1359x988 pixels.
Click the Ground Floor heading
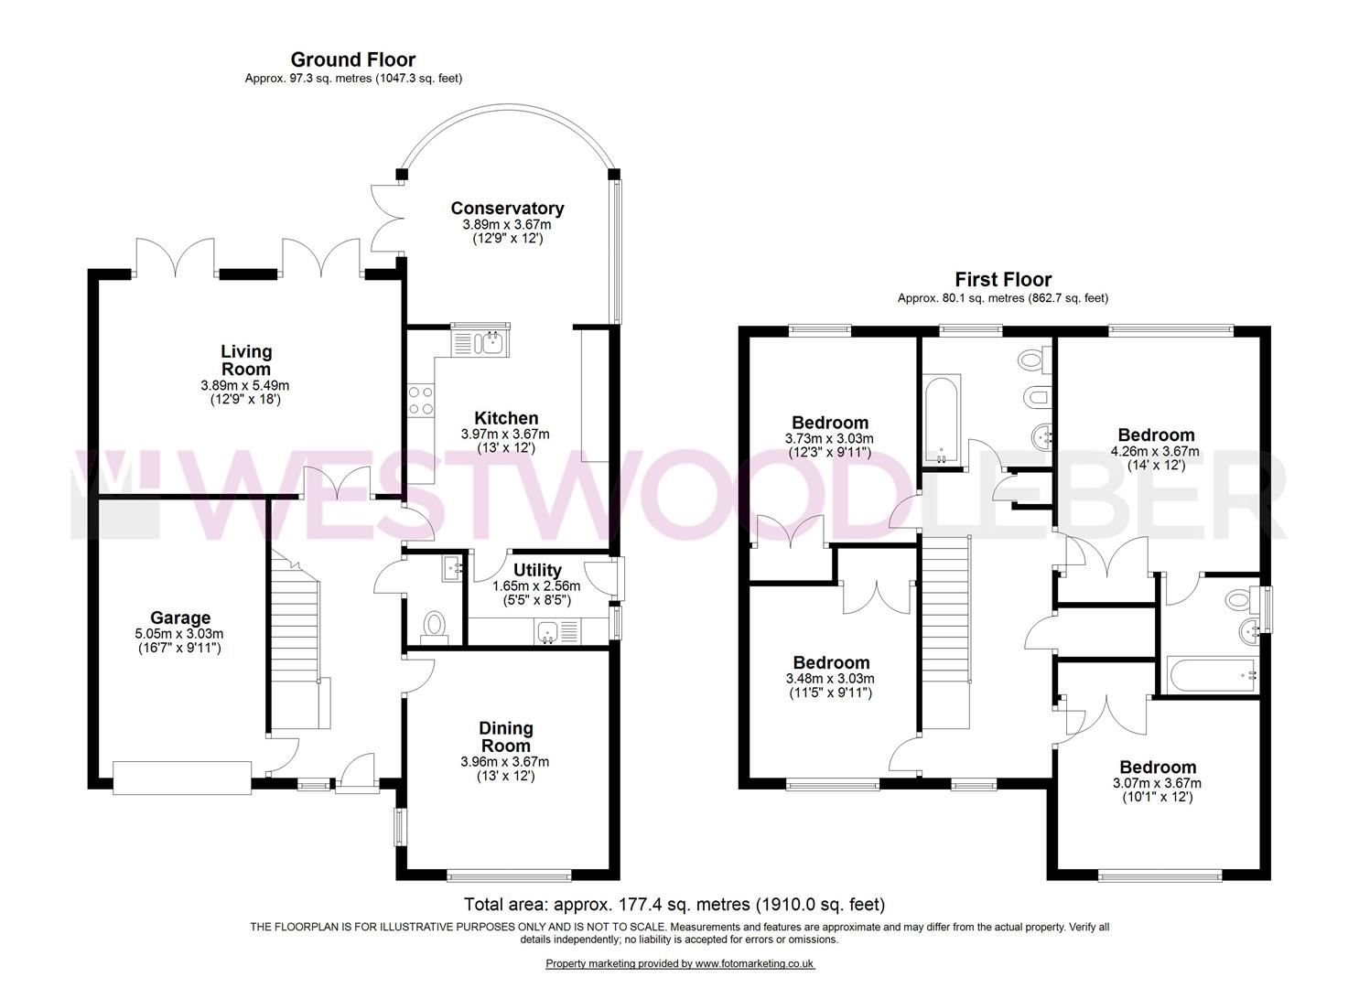click(x=352, y=60)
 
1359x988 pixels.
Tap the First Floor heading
click(x=1003, y=280)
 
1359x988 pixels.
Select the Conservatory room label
click(x=507, y=209)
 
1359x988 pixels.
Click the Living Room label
click(x=246, y=360)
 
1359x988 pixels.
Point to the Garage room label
click(x=180, y=618)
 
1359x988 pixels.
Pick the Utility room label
click(x=537, y=571)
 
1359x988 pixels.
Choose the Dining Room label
click(x=506, y=736)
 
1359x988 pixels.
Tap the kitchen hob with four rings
click(x=421, y=400)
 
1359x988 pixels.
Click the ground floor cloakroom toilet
click(x=434, y=627)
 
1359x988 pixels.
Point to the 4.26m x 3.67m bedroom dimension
click(x=1155, y=451)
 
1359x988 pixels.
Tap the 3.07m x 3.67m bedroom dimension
click(x=1156, y=783)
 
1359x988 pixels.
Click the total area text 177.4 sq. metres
click(x=674, y=905)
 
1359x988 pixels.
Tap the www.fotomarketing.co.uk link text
click(x=754, y=963)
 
